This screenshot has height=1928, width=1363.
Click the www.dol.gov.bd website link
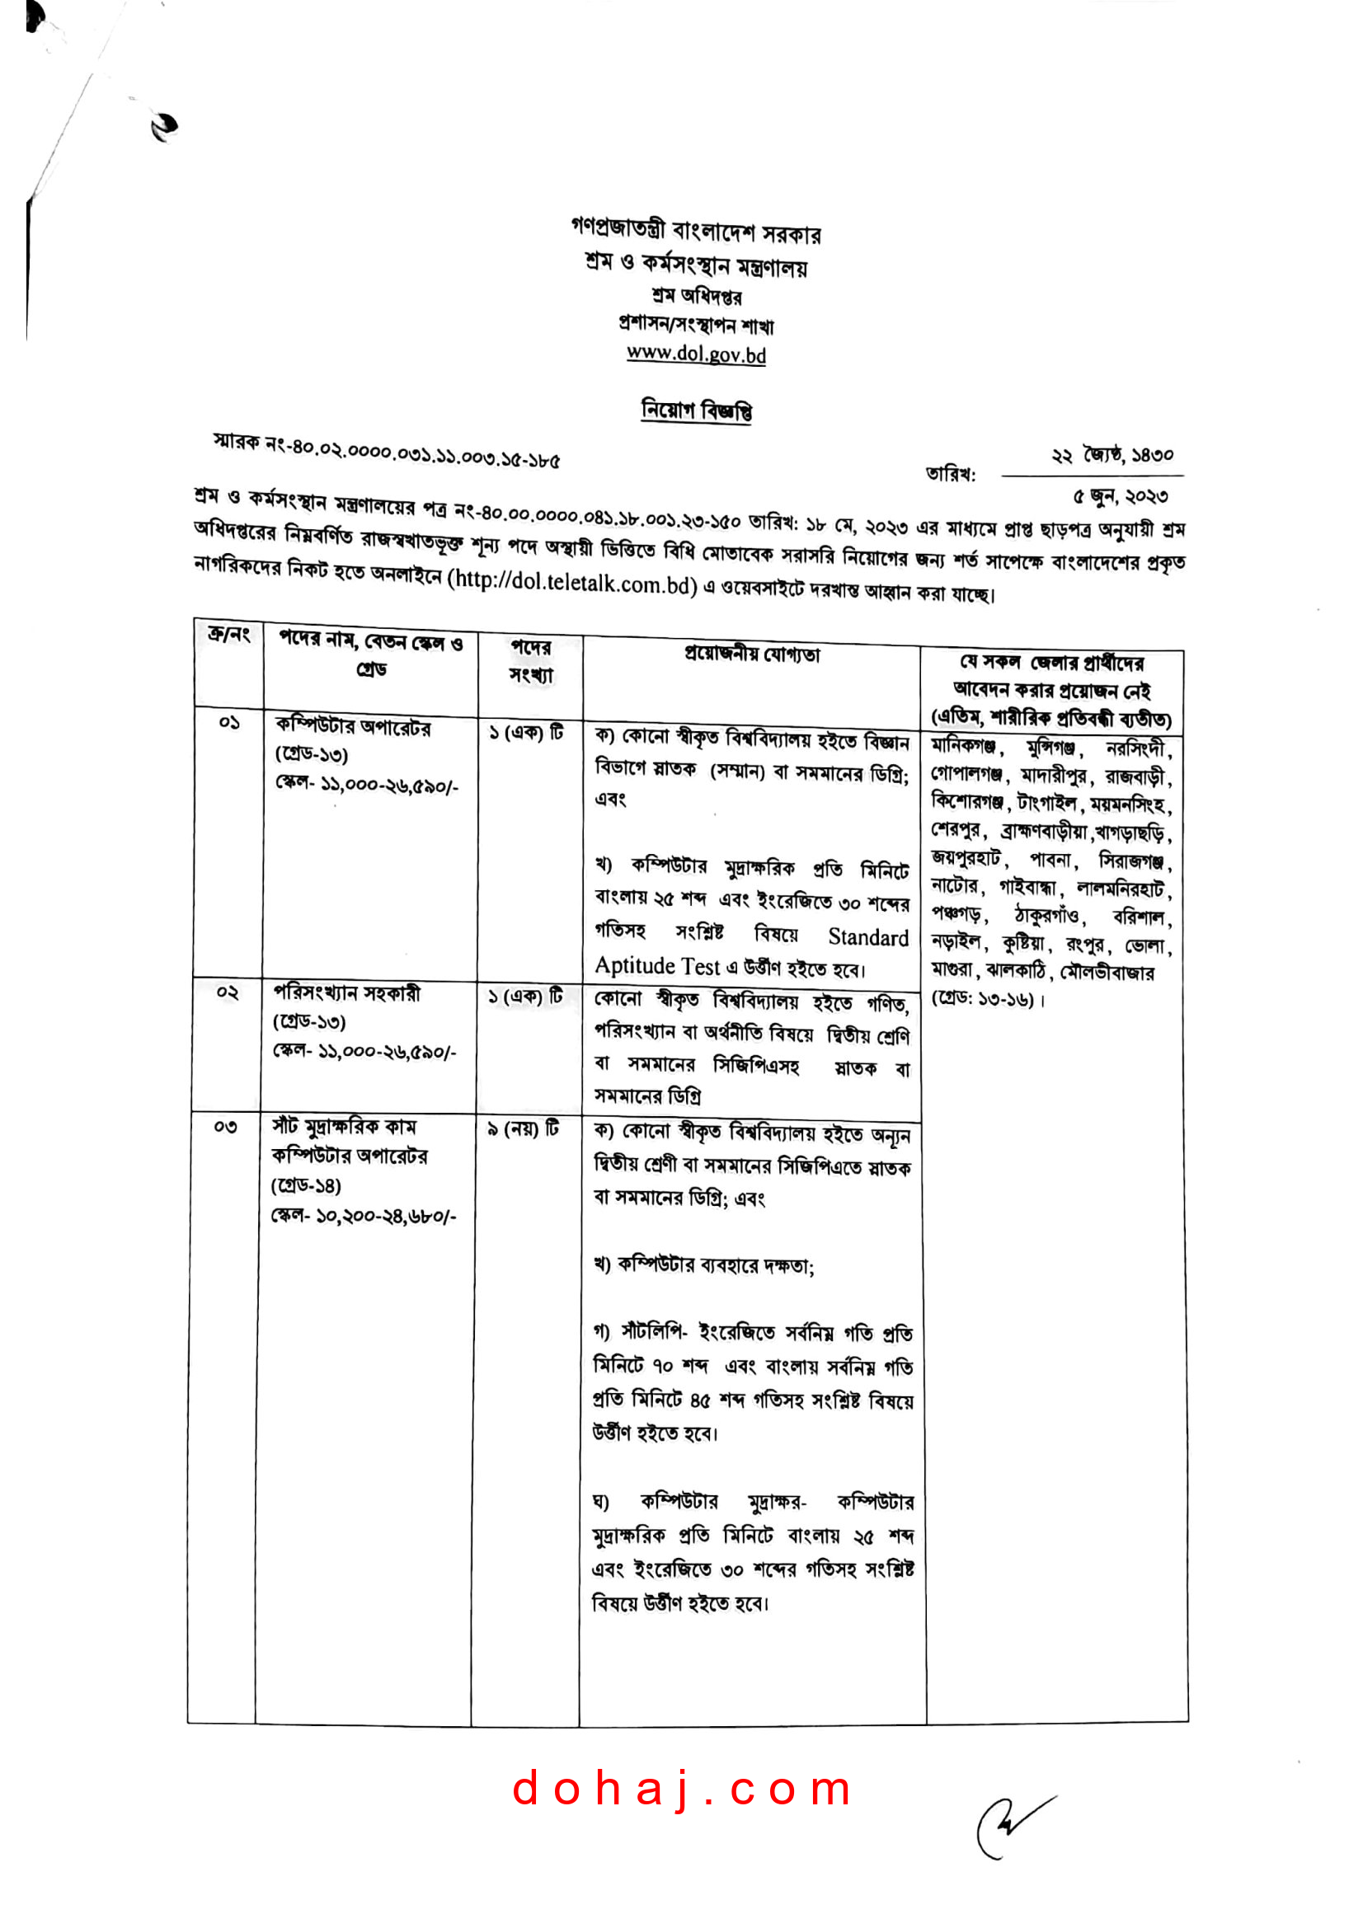696,354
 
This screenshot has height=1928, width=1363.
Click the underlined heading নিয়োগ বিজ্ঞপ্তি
696,410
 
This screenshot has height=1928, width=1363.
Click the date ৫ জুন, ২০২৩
1120,496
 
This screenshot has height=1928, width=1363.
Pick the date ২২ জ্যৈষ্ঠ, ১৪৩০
1112,456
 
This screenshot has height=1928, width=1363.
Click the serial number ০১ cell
229,722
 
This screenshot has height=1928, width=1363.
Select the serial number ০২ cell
228,992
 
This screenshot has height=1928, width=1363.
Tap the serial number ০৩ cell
225,1127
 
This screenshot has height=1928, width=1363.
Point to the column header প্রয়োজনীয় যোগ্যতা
752,654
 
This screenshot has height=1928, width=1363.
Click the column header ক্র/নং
229,635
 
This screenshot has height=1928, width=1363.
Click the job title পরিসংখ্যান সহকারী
347,993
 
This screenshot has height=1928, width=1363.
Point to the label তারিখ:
951,475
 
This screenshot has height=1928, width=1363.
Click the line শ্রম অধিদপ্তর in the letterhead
696,296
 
